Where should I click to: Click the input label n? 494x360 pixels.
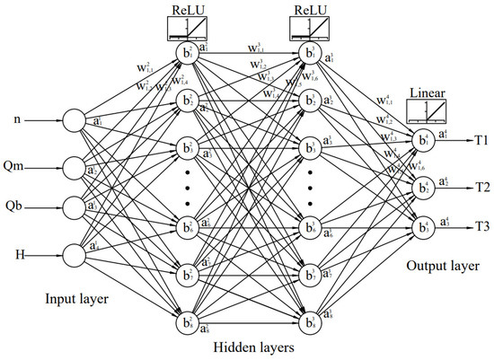(16, 119)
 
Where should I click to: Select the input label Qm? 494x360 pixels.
(21, 165)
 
